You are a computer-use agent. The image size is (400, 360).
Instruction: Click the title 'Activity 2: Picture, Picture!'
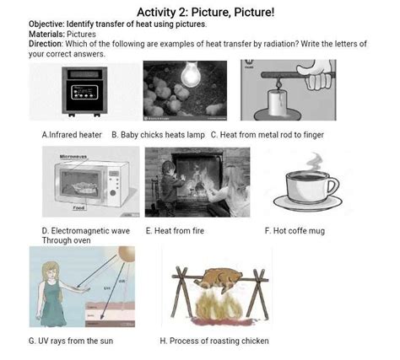(205, 12)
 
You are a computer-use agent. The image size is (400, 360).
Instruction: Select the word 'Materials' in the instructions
(46, 35)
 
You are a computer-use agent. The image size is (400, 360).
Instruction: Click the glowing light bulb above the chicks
(190, 73)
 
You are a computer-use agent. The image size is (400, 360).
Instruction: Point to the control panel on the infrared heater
(84, 92)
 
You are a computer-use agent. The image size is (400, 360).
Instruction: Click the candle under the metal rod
(278, 103)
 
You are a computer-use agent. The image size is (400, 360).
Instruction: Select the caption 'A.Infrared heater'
(72, 135)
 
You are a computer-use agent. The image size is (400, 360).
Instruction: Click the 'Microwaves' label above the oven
(73, 157)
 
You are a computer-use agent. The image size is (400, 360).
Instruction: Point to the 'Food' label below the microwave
(79, 208)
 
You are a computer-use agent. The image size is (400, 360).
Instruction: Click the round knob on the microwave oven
(113, 193)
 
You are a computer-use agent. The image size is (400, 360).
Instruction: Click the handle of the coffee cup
(334, 186)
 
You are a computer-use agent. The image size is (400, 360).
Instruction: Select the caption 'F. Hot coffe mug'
(295, 231)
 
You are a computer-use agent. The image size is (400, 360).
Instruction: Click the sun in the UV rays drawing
(127, 254)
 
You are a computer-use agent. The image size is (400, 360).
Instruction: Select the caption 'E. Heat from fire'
(175, 231)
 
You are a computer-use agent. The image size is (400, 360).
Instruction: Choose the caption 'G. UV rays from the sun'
(71, 341)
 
